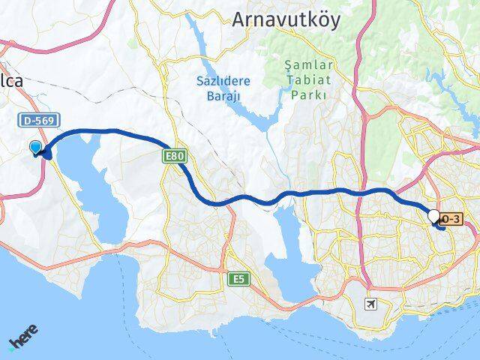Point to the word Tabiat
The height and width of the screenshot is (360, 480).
click(305, 81)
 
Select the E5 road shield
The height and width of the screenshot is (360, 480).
click(237, 279)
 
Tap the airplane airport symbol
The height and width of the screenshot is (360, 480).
click(369, 304)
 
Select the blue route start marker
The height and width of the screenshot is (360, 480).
click(35, 148)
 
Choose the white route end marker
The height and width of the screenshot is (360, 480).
click(433, 216)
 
